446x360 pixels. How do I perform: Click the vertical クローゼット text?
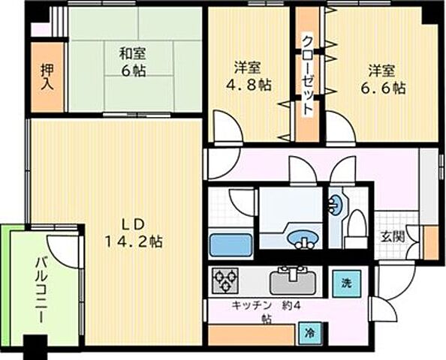click(x=307, y=74)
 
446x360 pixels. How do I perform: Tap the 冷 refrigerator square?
click(x=309, y=330)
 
